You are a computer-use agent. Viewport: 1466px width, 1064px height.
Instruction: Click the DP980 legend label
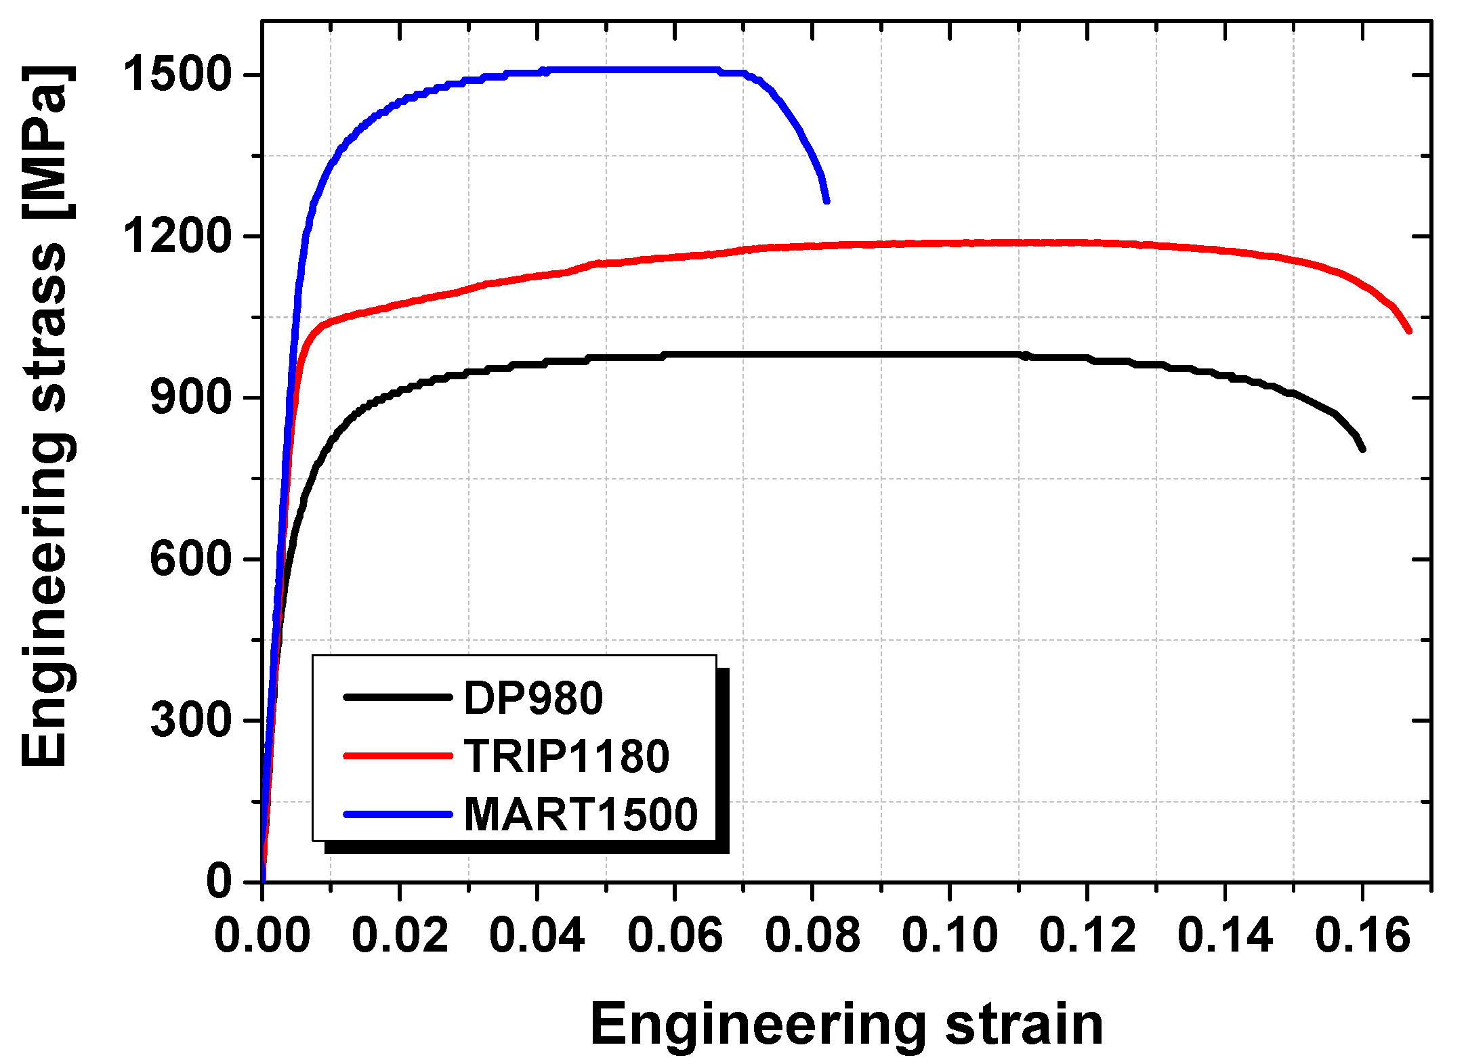[533, 698]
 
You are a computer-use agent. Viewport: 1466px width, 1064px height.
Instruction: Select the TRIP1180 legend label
[566, 757]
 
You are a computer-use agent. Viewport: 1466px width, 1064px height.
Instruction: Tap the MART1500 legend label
[581, 814]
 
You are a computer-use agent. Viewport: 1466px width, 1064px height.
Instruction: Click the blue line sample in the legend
[398, 814]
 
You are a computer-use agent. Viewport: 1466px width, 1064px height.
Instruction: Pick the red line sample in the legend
[398, 755]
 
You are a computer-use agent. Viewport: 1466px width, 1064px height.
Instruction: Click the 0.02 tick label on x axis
[400, 936]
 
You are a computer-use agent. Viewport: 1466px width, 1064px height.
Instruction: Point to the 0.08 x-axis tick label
[812, 936]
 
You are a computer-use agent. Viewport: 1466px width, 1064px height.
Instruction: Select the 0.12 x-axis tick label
[1087, 936]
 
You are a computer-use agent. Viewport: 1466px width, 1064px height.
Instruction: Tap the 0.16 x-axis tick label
[1362, 936]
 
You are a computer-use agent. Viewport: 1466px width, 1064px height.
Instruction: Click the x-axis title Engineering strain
[846, 1025]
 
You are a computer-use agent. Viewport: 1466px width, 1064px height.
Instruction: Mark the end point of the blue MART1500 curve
[826, 200]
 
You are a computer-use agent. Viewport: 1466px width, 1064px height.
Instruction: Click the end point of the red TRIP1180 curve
[1409, 331]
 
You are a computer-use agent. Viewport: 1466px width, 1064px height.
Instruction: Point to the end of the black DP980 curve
[1362, 448]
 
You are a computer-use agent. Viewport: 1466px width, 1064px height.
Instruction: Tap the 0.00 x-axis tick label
[262, 936]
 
